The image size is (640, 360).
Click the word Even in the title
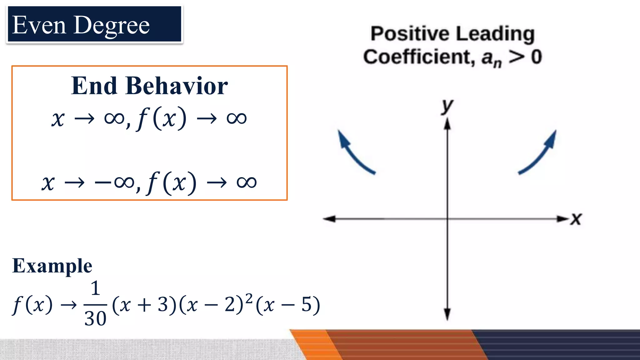pos(39,25)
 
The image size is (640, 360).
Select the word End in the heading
pos(94,86)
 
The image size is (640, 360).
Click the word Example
pos(52,266)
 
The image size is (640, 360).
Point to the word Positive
pos(406,34)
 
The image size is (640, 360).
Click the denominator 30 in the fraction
pos(95,319)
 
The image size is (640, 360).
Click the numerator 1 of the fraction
pos(95,288)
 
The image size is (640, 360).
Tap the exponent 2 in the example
pos(249,298)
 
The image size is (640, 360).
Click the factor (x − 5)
pos(287,305)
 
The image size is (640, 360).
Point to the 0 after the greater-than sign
pos(536,57)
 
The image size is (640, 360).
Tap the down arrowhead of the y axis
pos(447,314)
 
